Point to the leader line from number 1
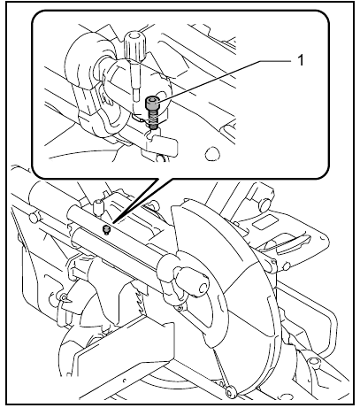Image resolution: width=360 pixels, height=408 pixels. (x=221, y=76)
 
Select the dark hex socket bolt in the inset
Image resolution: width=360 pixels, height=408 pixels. (x=153, y=114)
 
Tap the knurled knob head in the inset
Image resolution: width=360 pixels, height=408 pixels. (x=135, y=42)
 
